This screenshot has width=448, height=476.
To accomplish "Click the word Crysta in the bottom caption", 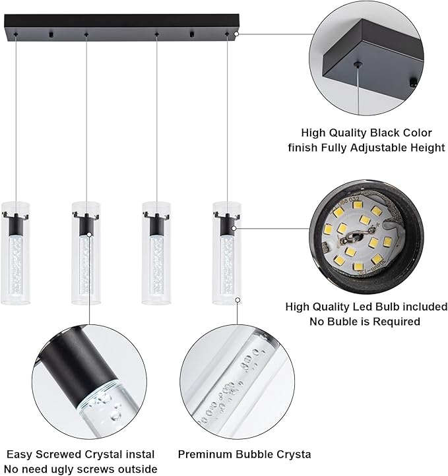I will pyautogui.click(x=291, y=454).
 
